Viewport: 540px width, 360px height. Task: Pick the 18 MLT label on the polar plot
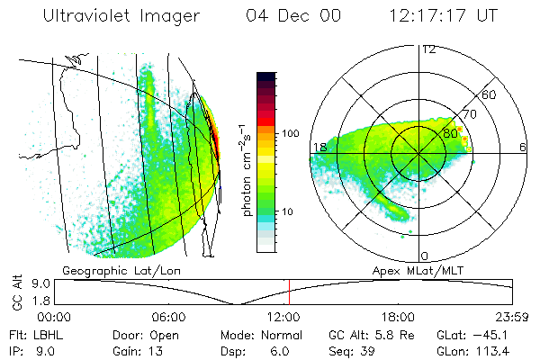[x=318, y=148]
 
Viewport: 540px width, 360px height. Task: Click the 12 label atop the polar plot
[x=428, y=49]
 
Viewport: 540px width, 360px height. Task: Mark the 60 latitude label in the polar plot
[x=490, y=94]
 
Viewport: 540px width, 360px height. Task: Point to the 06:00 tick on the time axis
[x=168, y=317]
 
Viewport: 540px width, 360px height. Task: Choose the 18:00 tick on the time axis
[x=398, y=317]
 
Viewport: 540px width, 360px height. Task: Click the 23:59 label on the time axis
[x=510, y=317]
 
